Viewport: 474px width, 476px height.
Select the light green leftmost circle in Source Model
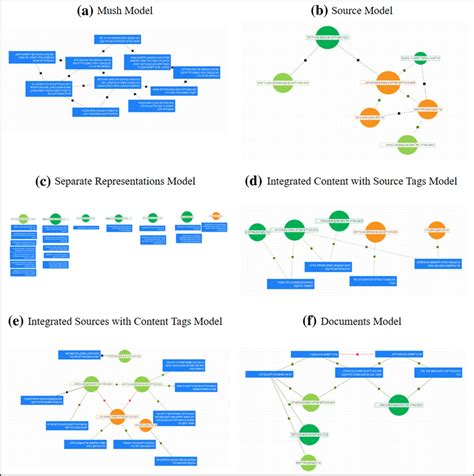(283, 81)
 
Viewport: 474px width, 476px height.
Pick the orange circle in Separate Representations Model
(215, 215)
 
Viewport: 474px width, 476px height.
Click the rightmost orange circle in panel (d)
(437, 229)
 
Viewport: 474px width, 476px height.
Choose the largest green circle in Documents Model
(400, 404)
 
